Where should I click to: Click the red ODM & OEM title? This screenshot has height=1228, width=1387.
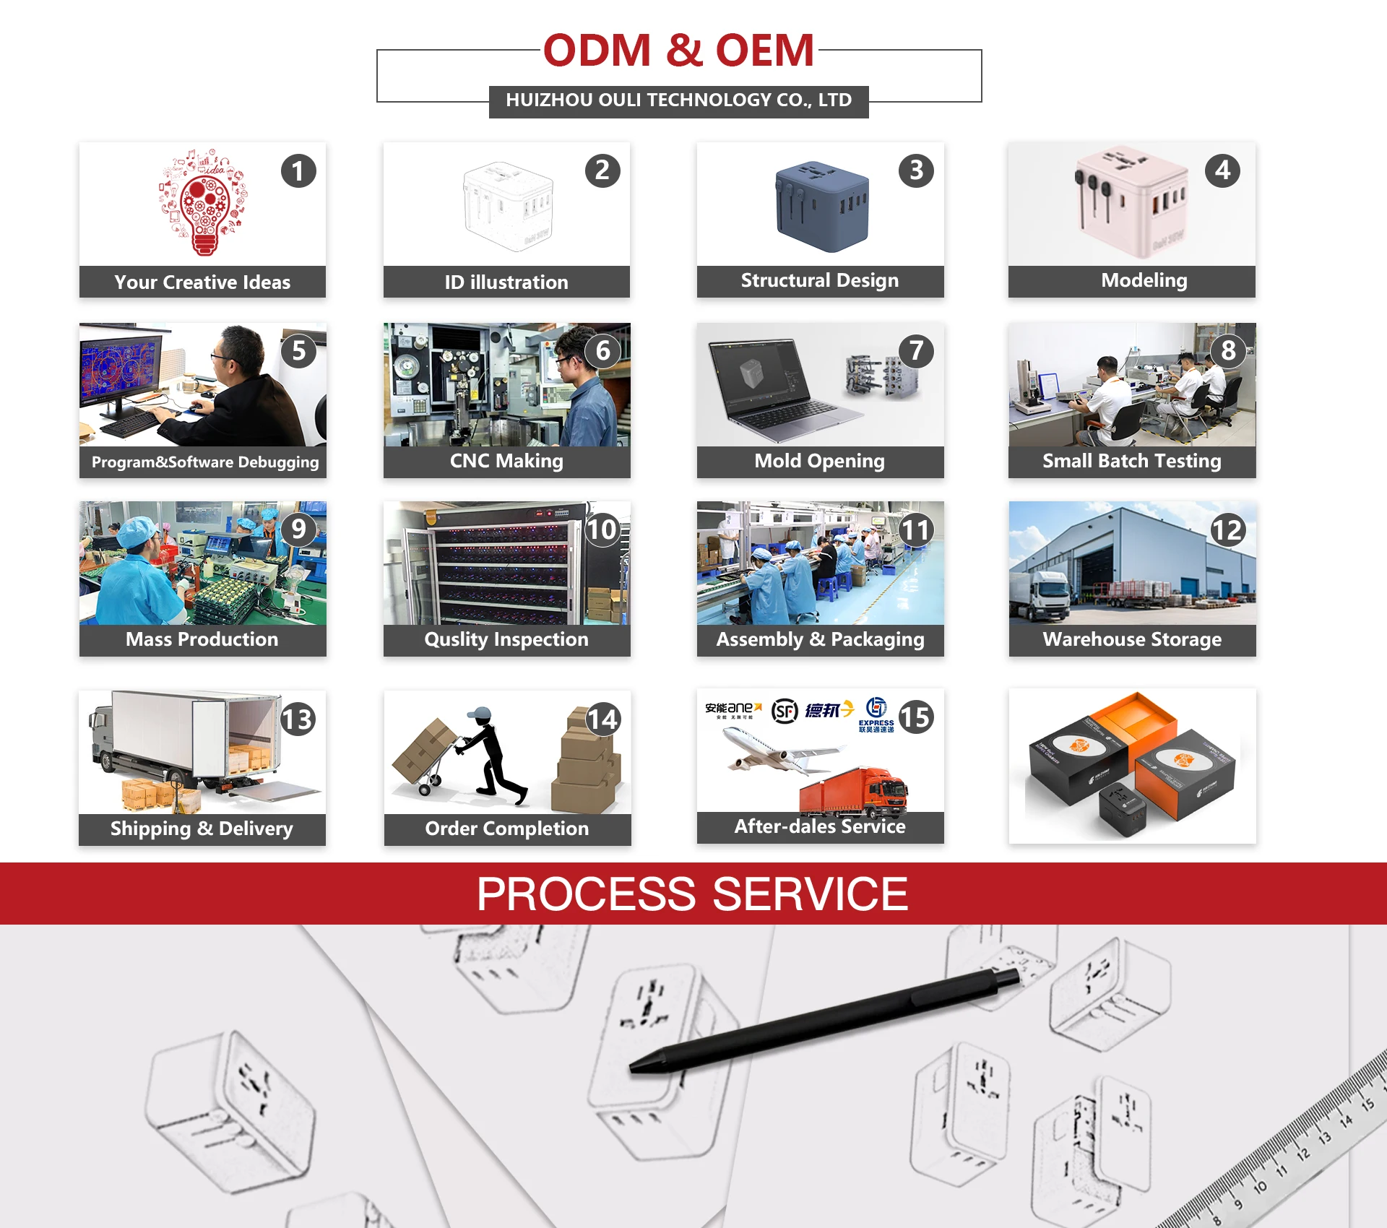pyautogui.click(x=678, y=51)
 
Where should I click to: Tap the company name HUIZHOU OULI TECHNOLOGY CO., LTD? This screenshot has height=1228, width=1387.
pyautogui.click(x=678, y=100)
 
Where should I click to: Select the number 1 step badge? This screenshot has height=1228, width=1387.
pyautogui.click(x=298, y=171)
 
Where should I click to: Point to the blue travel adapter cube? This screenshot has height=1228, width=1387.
pyautogui.click(x=821, y=206)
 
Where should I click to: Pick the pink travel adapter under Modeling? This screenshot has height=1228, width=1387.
pyautogui.click(x=1131, y=202)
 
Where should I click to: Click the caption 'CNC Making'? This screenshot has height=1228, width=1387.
pyautogui.click(x=506, y=461)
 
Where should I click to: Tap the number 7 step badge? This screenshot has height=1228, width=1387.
pyautogui.click(x=916, y=351)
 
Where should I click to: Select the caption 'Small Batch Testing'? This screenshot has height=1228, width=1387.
pyautogui.click(x=1131, y=461)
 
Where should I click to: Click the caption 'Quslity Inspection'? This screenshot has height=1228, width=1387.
pyautogui.click(x=506, y=639)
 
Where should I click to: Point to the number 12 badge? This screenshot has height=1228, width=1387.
pyautogui.click(x=1227, y=530)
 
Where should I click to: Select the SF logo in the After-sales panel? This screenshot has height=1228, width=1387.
pyautogui.click(x=785, y=711)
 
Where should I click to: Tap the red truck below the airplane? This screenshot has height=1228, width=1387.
pyautogui.click(x=856, y=791)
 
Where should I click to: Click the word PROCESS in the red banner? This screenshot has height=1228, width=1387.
pyautogui.click(x=586, y=894)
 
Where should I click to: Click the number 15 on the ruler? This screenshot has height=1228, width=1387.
pyautogui.click(x=1367, y=1104)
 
